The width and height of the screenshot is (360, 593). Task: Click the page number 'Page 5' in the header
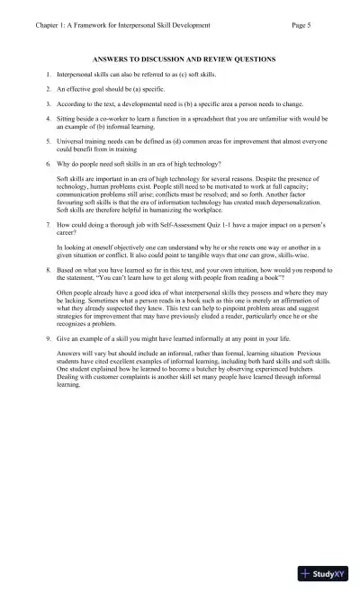(301, 25)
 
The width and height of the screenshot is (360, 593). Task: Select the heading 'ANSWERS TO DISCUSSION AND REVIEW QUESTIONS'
(184, 59)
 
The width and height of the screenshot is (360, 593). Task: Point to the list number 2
(48, 90)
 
